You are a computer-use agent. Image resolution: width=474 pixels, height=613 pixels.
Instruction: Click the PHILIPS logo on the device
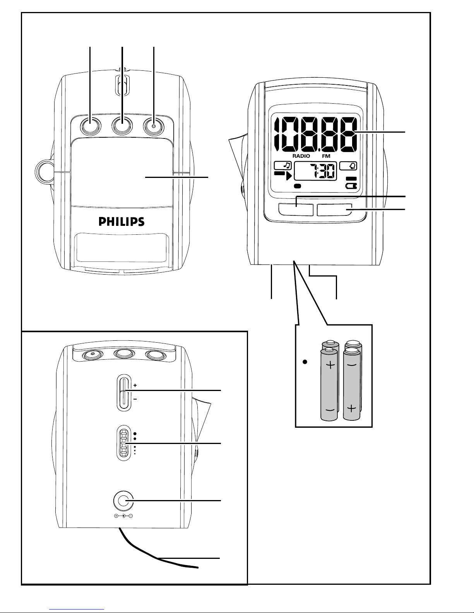pyautogui.click(x=121, y=222)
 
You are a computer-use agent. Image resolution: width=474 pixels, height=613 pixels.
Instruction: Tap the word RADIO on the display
pyautogui.click(x=301, y=156)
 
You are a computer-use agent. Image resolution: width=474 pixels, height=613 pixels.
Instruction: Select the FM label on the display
pyautogui.click(x=326, y=156)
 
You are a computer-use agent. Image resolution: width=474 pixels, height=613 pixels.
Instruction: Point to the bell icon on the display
pyautogui.click(x=348, y=166)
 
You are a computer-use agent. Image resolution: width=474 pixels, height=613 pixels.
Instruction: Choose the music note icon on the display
pyautogui.click(x=283, y=166)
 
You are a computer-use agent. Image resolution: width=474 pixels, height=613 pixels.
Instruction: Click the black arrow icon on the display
pyautogui.click(x=283, y=176)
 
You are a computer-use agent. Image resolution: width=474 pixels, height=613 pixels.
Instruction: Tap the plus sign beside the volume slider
pyautogui.click(x=135, y=385)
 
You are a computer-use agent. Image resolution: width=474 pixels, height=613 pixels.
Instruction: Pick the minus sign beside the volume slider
pyautogui.click(x=135, y=399)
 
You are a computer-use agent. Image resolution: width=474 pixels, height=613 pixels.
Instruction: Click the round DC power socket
pyautogui.click(x=122, y=501)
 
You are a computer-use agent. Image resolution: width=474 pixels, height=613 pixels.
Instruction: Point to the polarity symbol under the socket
pyautogui.click(x=123, y=516)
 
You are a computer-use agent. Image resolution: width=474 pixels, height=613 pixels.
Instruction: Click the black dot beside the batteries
pyautogui.click(x=305, y=362)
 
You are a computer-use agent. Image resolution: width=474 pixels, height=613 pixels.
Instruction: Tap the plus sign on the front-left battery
pyautogui.click(x=330, y=365)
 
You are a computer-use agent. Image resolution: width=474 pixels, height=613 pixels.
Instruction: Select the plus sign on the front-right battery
pyautogui.click(x=351, y=408)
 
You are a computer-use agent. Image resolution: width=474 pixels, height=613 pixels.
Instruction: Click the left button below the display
pyautogui.click(x=296, y=210)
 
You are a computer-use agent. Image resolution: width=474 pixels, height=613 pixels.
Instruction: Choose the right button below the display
pyautogui.click(x=335, y=210)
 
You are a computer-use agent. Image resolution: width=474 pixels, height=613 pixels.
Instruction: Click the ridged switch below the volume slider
pyautogui.click(x=123, y=442)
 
